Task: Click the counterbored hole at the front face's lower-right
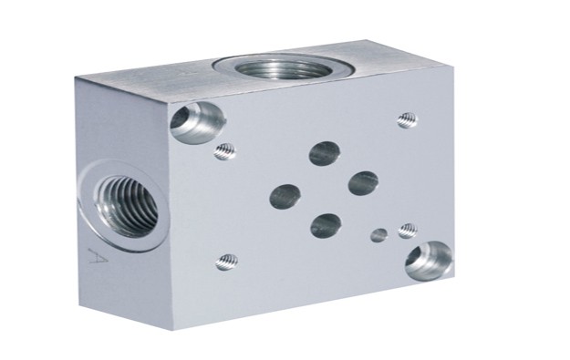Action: coord(429,261)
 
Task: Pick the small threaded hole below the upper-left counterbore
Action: coord(224,151)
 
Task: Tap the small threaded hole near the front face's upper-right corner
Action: coord(407,120)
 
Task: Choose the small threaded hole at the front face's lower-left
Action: coord(227,262)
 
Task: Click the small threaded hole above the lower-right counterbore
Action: coord(408,231)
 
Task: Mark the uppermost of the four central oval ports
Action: coord(325,152)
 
